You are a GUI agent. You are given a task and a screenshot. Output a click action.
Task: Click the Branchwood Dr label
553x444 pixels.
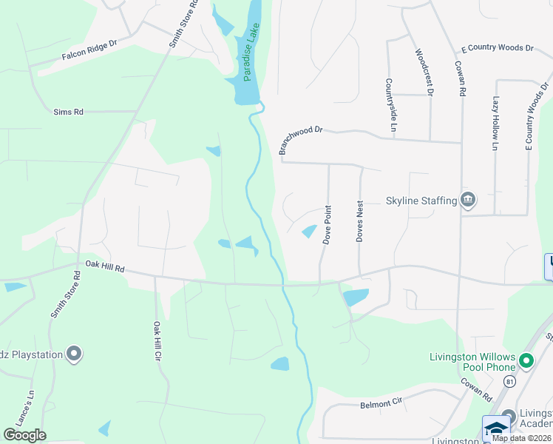click(301, 139)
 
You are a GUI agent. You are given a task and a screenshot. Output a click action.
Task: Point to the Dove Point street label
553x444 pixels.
click(327, 224)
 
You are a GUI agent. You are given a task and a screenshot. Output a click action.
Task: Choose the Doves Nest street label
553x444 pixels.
click(360, 221)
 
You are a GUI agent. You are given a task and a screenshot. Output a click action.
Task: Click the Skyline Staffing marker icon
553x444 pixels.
click(467, 200)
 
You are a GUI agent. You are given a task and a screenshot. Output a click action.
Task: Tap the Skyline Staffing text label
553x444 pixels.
click(421, 201)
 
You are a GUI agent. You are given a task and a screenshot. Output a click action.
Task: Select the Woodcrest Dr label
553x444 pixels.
click(424, 73)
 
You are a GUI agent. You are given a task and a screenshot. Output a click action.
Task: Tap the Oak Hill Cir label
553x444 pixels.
click(157, 340)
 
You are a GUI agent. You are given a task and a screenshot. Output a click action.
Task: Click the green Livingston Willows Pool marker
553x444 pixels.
click(526, 361)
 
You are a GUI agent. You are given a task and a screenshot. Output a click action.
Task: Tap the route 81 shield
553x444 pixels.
click(510, 381)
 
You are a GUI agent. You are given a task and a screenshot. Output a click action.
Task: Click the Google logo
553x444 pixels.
click(24, 434)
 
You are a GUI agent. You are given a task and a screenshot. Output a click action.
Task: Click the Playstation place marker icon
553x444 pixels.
click(73, 354)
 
